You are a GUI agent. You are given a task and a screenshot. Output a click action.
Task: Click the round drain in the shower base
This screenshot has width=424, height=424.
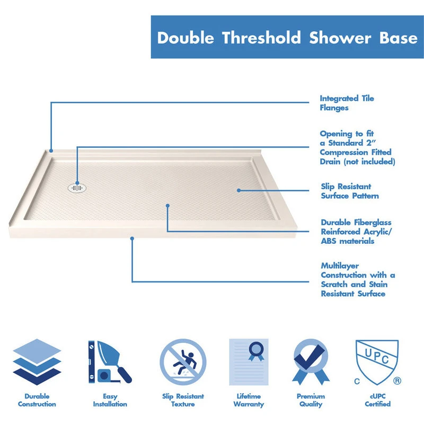click(x=77, y=187)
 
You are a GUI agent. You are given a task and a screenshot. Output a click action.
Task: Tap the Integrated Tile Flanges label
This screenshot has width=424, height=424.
click(x=347, y=103)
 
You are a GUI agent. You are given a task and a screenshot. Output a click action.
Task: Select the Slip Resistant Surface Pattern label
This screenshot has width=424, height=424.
click(x=350, y=191)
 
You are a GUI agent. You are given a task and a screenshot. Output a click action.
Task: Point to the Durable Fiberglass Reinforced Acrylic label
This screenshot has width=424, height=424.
click(x=356, y=232)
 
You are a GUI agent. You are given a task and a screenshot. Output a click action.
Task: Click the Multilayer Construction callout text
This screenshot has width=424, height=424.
click(x=358, y=279)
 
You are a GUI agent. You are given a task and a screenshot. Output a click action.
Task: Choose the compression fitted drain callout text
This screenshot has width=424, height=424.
click(x=357, y=148)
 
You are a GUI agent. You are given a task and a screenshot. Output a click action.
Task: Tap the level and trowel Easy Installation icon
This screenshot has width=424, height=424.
click(x=110, y=362)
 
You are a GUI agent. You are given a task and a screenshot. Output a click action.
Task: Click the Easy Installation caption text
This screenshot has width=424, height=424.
click(x=110, y=400)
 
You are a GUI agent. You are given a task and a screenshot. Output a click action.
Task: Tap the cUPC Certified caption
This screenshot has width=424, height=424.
click(x=377, y=400)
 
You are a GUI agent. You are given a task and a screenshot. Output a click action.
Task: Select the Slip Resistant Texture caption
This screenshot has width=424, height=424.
click(x=183, y=400)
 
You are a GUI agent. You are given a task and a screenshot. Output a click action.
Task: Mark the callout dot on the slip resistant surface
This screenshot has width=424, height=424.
click(x=238, y=190)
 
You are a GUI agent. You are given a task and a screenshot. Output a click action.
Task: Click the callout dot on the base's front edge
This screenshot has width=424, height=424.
click(x=132, y=238)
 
